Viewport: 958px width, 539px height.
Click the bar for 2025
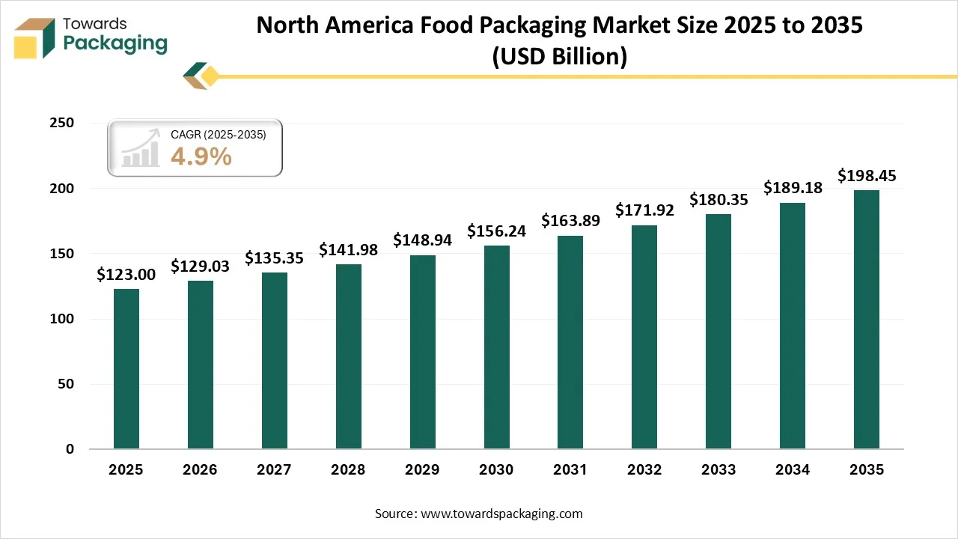tap(126, 369)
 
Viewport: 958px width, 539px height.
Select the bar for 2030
tap(496, 347)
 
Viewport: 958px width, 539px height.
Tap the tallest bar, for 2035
tap(867, 320)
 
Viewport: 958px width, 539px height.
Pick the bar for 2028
tap(348, 356)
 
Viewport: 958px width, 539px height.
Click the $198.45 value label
tap(867, 176)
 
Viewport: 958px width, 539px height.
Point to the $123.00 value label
tap(126, 275)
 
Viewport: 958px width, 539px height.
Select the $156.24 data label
tap(496, 231)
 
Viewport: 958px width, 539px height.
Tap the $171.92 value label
tap(644, 210)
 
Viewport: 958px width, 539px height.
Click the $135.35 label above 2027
tap(274, 258)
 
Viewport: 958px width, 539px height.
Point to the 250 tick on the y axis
tap(63, 124)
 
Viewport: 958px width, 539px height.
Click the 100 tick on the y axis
tap(63, 319)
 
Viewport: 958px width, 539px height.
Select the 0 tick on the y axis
tap(70, 449)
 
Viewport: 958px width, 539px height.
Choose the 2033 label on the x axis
tap(718, 470)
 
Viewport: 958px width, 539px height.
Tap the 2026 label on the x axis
tap(200, 470)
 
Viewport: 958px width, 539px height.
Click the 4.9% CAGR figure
tap(201, 156)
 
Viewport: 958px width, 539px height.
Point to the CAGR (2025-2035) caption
tap(218, 135)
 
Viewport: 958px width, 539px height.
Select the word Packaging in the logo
tap(115, 43)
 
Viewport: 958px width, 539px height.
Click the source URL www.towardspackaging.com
tap(501, 514)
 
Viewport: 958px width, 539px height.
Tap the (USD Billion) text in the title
tap(559, 56)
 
